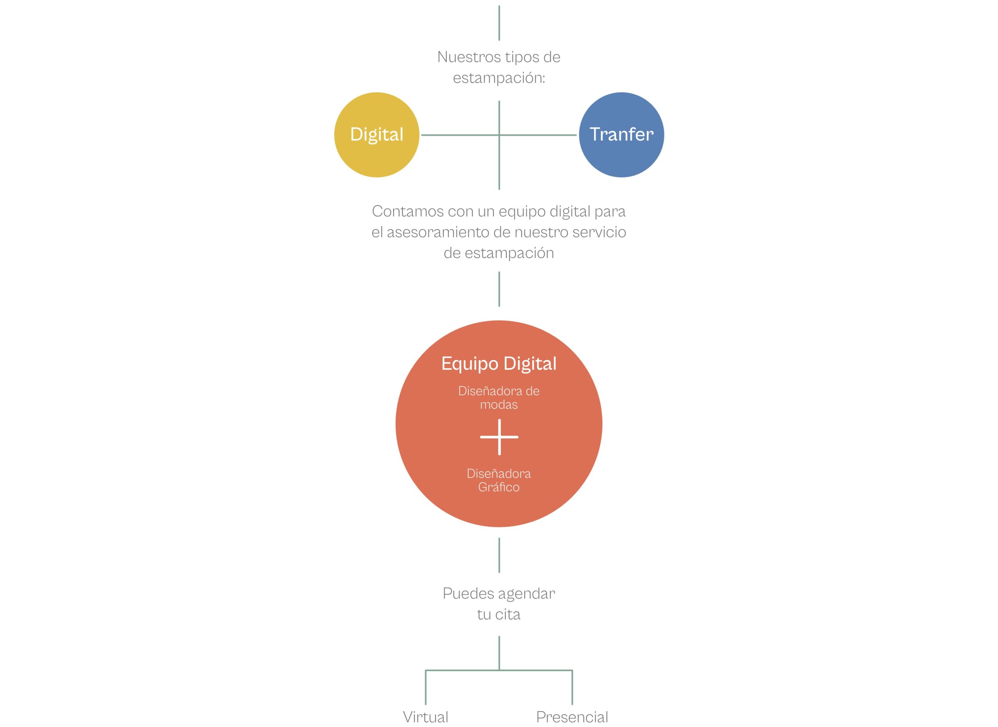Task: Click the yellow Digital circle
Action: pyautogui.click(x=377, y=134)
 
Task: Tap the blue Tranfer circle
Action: pyautogui.click(x=621, y=134)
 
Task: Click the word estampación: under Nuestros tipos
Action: pyautogui.click(x=499, y=78)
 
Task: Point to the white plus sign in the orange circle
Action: pyautogui.click(x=499, y=437)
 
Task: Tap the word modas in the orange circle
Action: pyautogui.click(x=499, y=405)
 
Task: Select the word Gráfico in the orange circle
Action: pyautogui.click(x=499, y=487)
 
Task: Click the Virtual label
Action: pyautogui.click(x=425, y=717)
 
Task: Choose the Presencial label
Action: pyautogui.click(x=572, y=717)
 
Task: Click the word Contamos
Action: pyautogui.click(x=408, y=211)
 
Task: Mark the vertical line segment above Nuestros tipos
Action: pyautogui.click(x=499, y=23)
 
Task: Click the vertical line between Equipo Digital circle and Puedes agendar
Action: pyautogui.click(x=499, y=555)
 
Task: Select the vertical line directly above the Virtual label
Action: pyautogui.click(x=425, y=687)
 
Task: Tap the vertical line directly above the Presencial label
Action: pyautogui.click(x=572, y=687)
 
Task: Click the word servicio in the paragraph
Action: pyautogui.click(x=599, y=232)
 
